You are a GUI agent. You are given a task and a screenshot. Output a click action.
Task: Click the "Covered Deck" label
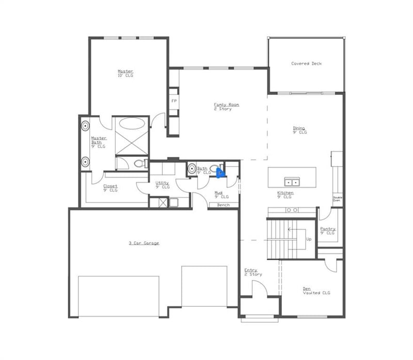click(x=306, y=63)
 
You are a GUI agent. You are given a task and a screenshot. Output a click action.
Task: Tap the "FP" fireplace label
click(x=174, y=101)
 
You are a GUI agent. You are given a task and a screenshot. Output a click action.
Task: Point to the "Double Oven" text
click(x=337, y=199)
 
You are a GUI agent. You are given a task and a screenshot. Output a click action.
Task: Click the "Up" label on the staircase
click(x=309, y=240)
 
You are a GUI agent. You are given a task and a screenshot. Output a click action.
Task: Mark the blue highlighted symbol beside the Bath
click(x=220, y=173)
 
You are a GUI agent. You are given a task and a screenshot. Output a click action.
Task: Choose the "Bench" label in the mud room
click(x=223, y=205)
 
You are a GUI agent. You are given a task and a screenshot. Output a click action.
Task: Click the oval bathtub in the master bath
click(x=132, y=124)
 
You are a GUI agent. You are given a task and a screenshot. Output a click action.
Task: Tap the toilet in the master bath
click(x=137, y=164)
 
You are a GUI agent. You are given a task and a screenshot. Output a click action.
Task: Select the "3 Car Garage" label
click(x=144, y=243)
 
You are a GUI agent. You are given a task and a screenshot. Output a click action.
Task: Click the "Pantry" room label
click(x=328, y=228)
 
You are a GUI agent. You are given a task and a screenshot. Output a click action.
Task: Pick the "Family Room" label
click(x=227, y=105)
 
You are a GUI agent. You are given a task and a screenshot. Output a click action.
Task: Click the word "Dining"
click(x=299, y=128)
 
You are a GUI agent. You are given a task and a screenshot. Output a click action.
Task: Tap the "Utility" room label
click(x=162, y=183)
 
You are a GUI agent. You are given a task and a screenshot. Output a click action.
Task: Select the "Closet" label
click(x=110, y=186)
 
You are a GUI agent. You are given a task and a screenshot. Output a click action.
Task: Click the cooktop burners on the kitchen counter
click(x=292, y=210)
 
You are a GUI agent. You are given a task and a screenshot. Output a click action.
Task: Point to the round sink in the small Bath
click(x=191, y=168)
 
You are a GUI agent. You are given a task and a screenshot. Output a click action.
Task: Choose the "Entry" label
click(x=251, y=270)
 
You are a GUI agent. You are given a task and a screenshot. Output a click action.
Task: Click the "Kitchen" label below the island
click(x=284, y=193)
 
